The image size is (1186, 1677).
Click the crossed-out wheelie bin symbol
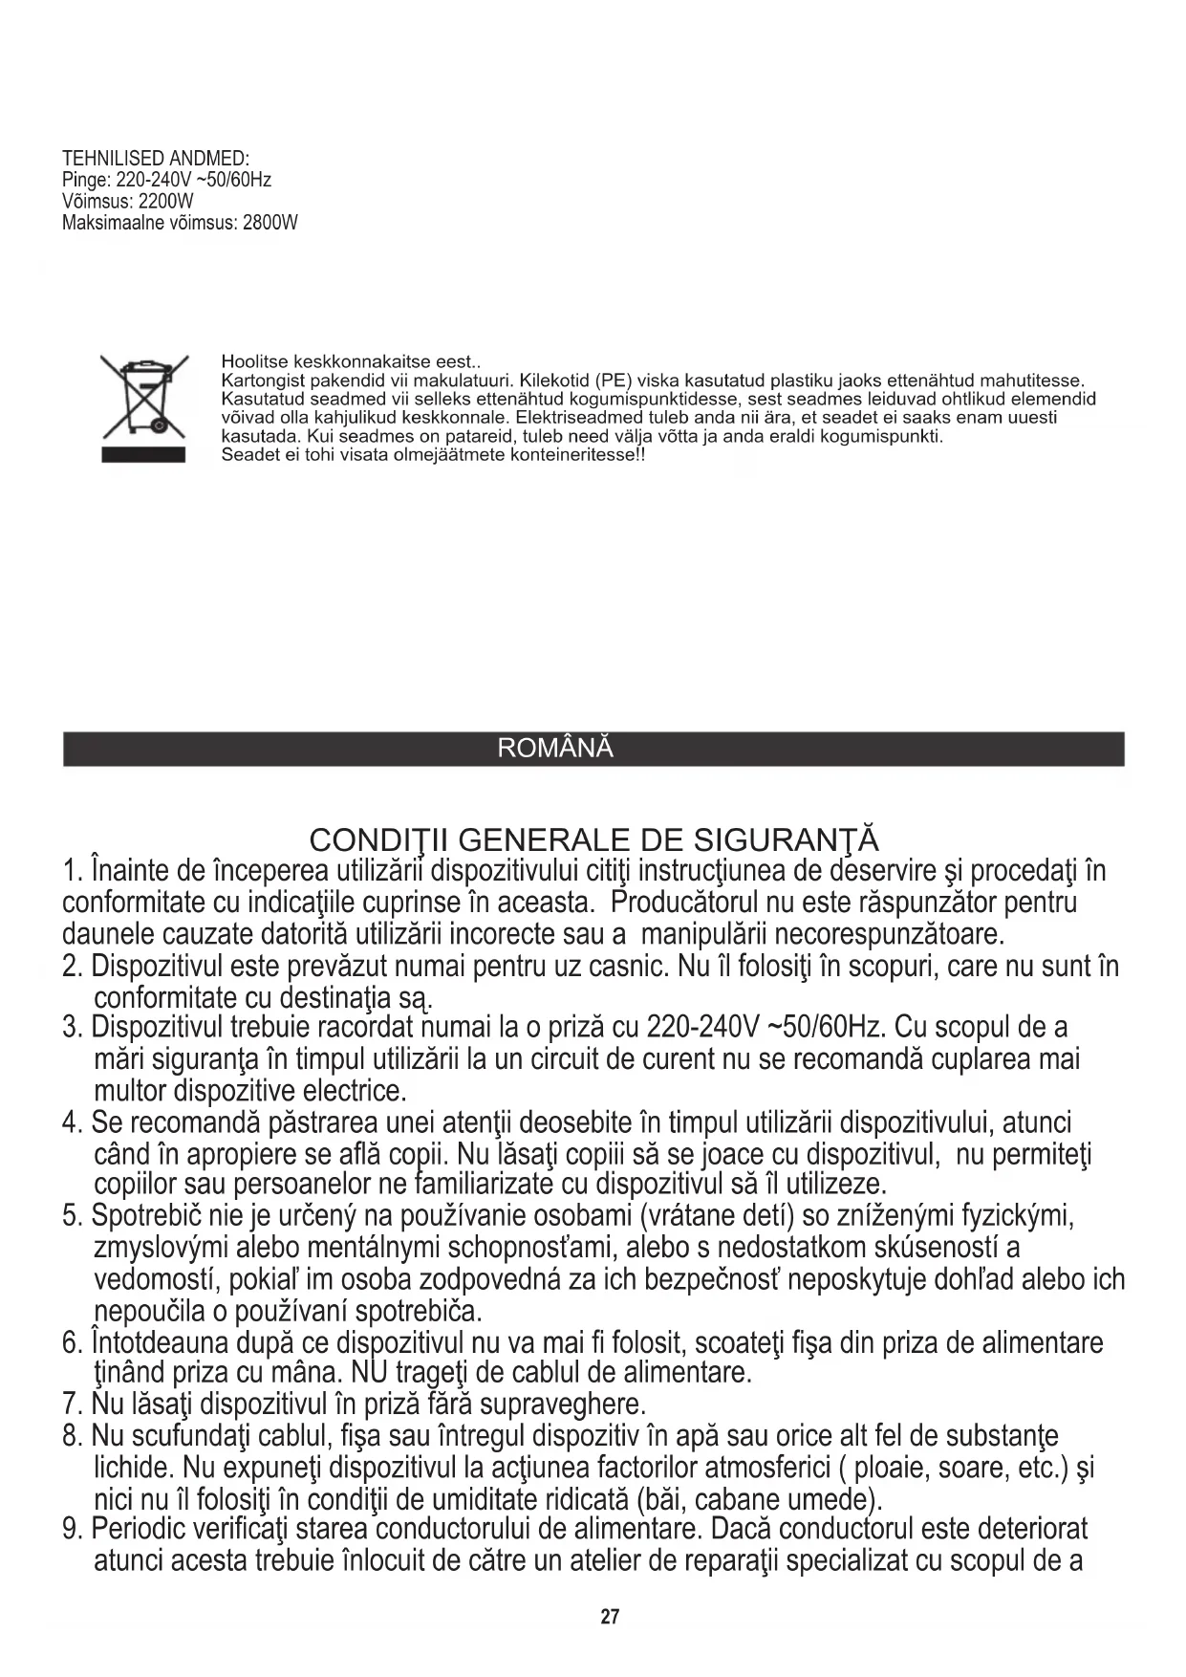click(x=144, y=405)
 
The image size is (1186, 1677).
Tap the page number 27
click(x=610, y=1617)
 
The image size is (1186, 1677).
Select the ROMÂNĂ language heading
click(x=555, y=749)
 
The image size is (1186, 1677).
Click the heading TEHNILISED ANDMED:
click(x=156, y=158)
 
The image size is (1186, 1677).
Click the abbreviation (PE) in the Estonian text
click(x=611, y=381)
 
